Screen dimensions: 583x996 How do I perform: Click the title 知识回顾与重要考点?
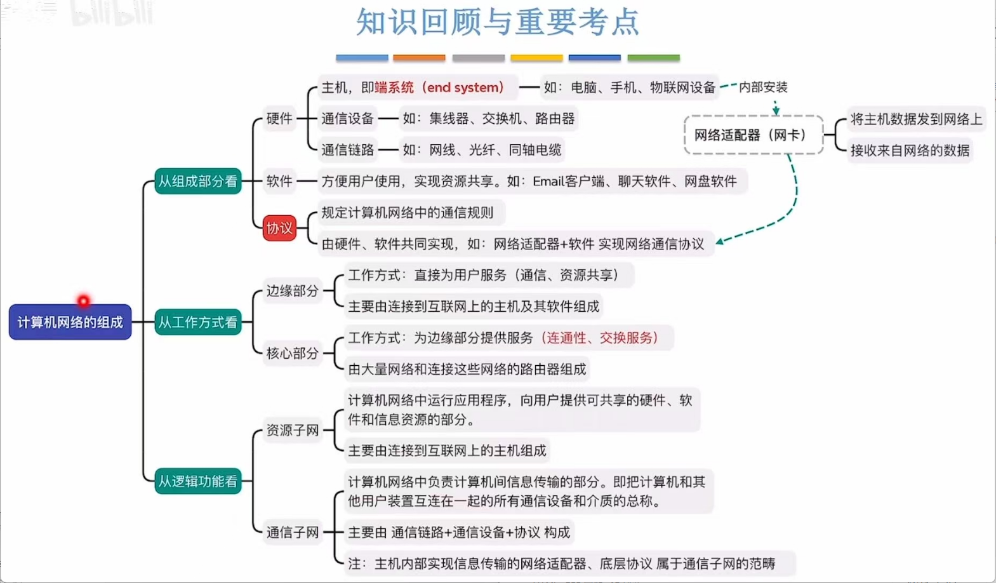click(x=497, y=22)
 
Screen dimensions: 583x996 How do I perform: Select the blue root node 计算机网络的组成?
click(x=70, y=322)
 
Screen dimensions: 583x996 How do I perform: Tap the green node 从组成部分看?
click(x=198, y=182)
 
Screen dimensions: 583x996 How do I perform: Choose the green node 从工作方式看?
click(x=198, y=322)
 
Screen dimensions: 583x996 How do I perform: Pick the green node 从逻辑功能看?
click(x=198, y=481)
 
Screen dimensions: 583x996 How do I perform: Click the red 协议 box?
click(x=279, y=229)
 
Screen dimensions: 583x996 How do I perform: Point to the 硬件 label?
click(x=279, y=119)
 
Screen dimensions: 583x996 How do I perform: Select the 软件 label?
click(x=279, y=182)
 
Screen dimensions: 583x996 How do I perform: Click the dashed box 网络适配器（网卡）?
click(x=753, y=135)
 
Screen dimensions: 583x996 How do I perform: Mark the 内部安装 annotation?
click(x=763, y=88)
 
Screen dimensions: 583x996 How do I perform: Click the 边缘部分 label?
click(x=292, y=291)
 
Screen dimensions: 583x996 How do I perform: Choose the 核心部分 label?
click(x=292, y=353)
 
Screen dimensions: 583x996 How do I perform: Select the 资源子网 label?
click(x=292, y=431)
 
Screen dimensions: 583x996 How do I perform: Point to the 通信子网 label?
click(x=292, y=532)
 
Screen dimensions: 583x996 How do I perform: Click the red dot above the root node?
click(x=83, y=300)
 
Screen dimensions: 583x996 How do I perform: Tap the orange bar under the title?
click(x=419, y=58)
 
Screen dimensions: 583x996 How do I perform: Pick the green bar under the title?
click(x=653, y=58)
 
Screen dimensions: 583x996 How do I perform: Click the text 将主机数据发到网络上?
click(x=916, y=119)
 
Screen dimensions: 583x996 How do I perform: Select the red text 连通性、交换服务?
click(x=599, y=338)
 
